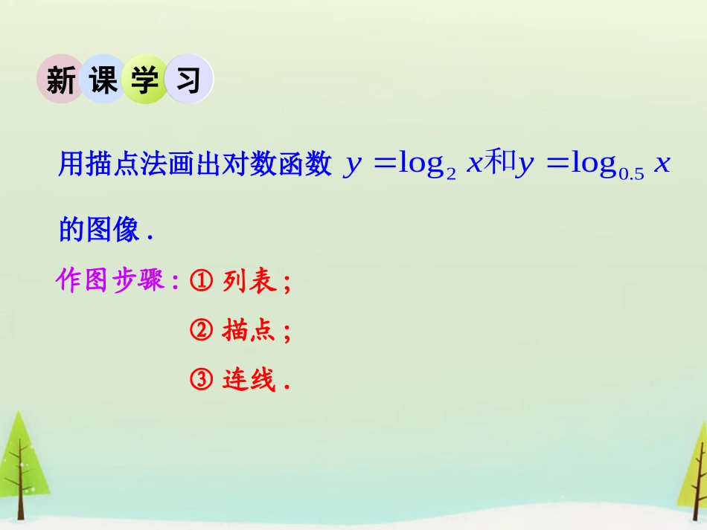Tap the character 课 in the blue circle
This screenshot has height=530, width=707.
coord(103,80)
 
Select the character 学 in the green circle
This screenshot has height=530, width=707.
coord(146,80)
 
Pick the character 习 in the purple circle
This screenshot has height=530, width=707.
coord(188,80)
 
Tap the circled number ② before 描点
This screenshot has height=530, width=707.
coord(202,330)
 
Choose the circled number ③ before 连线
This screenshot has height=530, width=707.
coord(202,380)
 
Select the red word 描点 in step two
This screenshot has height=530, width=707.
coord(249,330)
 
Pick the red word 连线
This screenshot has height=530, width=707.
coord(249,380)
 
